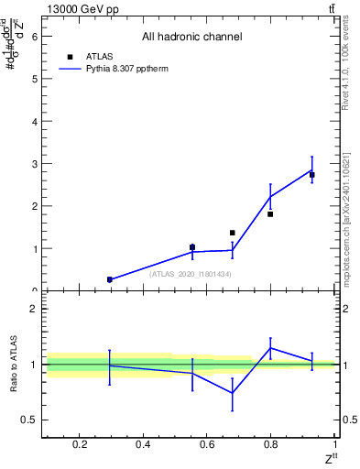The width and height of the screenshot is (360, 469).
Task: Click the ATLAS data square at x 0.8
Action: click(270, 214)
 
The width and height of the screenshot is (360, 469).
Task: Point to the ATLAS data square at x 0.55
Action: click(191, 247)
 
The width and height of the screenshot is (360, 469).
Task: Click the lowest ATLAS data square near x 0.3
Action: click(109, 279)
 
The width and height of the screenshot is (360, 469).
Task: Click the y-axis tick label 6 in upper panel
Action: click(35, 37)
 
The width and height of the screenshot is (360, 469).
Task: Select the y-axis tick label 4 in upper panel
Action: click(35, 122)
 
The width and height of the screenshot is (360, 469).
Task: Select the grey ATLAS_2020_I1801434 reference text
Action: click(191, 274)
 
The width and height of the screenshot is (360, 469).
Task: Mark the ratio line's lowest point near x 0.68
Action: click(232, 393)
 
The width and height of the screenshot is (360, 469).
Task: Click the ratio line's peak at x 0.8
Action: click(270, 347)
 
